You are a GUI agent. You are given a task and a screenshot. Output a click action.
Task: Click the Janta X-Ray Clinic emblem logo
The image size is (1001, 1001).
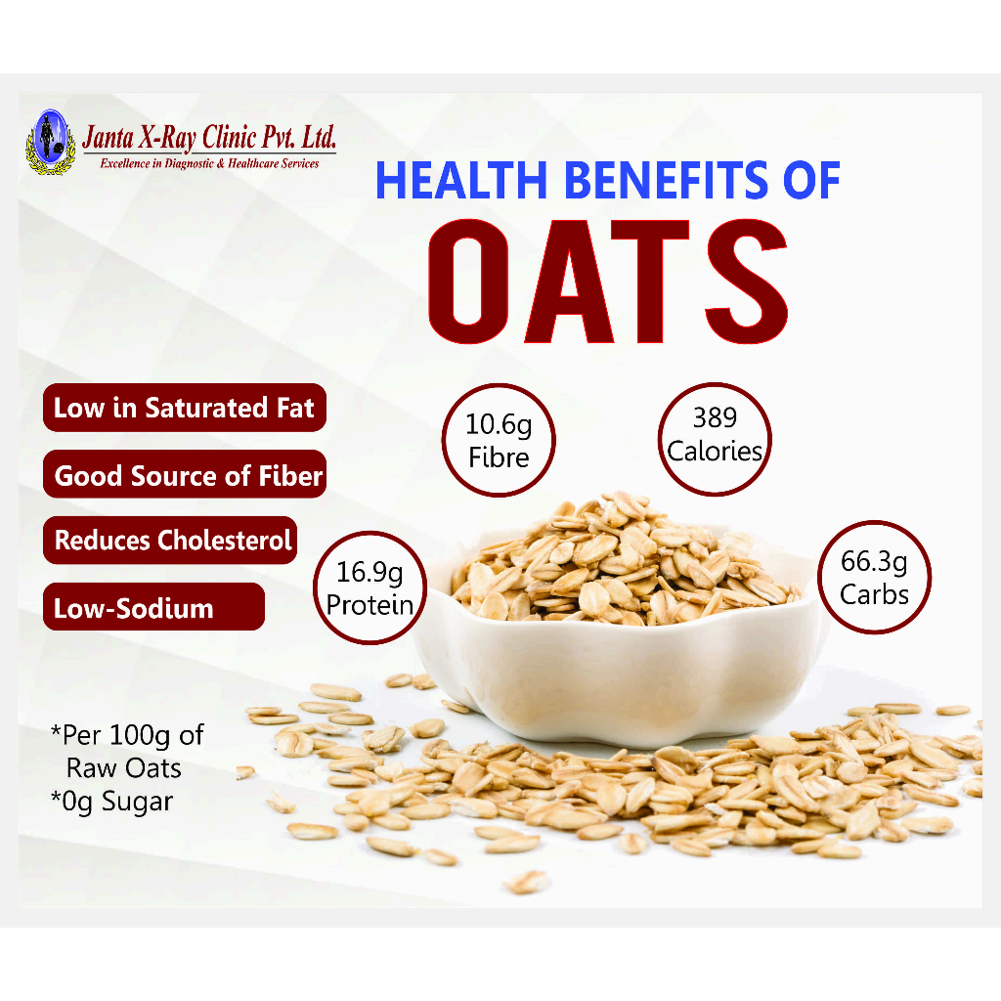pos(51,142)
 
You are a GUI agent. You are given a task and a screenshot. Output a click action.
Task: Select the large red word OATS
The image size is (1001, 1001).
pos(608,282)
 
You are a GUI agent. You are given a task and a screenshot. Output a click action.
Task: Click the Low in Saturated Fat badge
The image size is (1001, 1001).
pos(185,408)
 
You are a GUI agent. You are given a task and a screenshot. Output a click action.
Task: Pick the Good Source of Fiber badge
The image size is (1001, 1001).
pos(185,474)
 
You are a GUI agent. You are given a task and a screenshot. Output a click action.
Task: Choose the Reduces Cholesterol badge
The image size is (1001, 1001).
pos(170,540)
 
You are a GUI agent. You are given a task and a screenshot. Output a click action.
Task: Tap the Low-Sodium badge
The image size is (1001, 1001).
pos(153,606)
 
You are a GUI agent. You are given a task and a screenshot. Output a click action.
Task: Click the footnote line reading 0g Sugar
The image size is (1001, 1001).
pos(111,802)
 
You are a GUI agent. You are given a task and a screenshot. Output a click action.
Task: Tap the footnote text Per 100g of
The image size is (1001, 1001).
pos(127,735)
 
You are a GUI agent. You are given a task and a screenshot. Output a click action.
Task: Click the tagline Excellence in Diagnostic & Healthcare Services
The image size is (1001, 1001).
pos(209,163)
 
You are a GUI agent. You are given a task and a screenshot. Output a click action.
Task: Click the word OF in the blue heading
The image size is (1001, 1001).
pos(811,180)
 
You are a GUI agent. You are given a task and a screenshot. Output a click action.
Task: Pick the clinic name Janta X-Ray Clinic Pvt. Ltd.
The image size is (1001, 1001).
pos(209,137)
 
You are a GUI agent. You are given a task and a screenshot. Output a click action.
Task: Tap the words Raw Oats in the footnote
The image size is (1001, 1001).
pos(124,768)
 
